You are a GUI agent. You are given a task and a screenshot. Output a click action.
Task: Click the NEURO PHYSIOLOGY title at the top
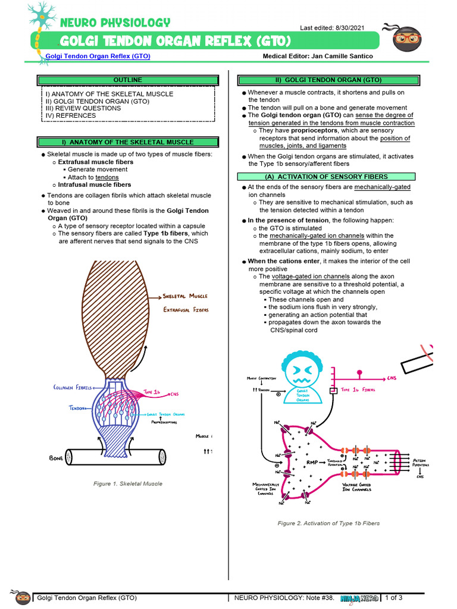point(115,23)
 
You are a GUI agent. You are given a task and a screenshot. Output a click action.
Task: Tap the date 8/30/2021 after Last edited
point(356,28)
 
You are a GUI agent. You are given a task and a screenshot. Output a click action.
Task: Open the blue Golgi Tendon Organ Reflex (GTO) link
point(98,56)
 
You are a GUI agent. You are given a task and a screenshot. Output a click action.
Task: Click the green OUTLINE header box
point(128,80)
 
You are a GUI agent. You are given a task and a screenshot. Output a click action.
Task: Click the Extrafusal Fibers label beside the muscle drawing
point(186,310)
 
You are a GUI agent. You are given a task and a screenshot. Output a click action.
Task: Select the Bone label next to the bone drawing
point(56,459)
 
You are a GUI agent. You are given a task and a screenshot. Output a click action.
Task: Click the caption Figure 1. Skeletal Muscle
point(128,484)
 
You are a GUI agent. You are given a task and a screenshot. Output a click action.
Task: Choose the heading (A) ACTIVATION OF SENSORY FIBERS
point(326,177)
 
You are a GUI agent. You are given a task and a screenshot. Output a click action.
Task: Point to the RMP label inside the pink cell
point(312,462)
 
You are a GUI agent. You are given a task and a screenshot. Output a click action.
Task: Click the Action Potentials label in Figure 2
point(420,463)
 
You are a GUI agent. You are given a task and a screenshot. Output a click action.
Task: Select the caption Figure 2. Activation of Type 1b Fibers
point(328,523)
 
